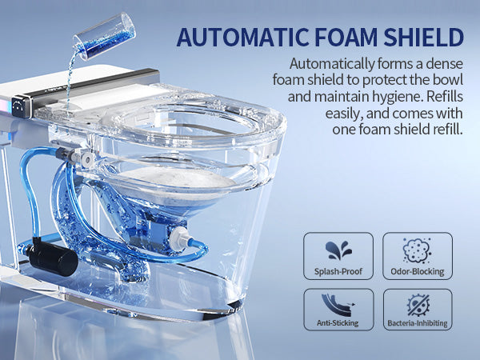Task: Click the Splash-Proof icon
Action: click(x=338, y=248)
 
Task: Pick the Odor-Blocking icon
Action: click(x=417, y=248)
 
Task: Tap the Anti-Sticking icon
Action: click(x=338, y=304)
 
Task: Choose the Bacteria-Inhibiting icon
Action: click(x=417, y=304)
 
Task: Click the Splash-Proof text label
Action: click(x=338, y=272)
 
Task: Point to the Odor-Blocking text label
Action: click(x=417, y=272)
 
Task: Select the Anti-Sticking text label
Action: click(x=338, y=323)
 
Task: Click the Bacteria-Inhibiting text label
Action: click(x=417, y=323)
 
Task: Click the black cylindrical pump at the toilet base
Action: click(x=51, y=258)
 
